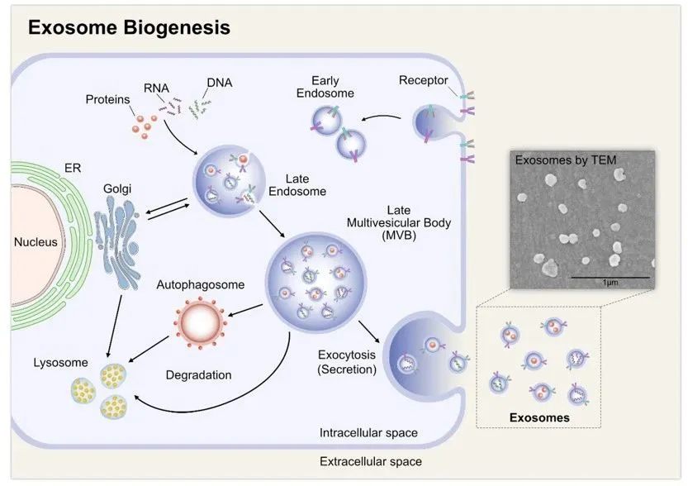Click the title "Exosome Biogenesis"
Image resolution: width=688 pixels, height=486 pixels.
coord(129,27)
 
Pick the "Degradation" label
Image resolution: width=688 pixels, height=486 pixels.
coord(198,374)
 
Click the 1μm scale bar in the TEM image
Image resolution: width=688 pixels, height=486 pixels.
coord(610,276)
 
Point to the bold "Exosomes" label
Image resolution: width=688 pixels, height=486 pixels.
coord(541,417)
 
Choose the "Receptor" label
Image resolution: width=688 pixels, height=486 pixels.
coord(423,80)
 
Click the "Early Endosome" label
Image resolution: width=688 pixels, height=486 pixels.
coord(333,87)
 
